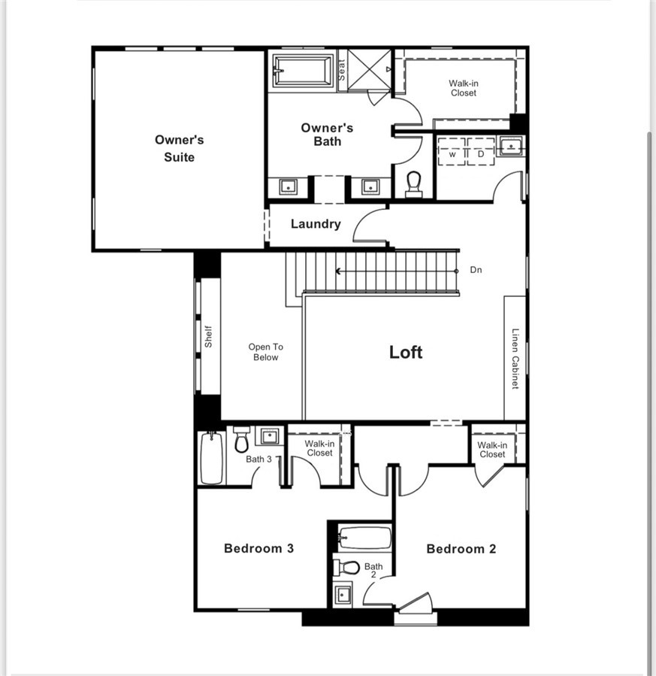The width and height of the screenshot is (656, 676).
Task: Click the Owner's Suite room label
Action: [x=179, y=148]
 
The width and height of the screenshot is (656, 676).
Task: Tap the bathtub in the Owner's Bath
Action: [x=303, y=71]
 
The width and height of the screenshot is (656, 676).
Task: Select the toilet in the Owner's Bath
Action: [x=413, y=183]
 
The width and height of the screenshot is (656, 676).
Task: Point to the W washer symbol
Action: [x=453, y=153]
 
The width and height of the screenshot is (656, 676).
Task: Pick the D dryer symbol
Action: [x=481, y=153]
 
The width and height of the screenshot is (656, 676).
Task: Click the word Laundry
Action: [x=316, y=224]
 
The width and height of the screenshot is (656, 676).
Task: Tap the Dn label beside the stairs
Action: [x=476, y=270]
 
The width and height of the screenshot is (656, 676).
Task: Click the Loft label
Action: [x=406, y=352]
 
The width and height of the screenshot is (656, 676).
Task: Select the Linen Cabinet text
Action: [x=515, y=358]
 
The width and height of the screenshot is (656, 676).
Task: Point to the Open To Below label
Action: [x=265, y=352]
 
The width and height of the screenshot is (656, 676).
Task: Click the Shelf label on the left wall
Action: [x=209, y=336]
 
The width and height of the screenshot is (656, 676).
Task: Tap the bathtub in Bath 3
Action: [x=212, y=458]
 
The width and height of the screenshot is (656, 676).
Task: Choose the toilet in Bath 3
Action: [x=241, y=438]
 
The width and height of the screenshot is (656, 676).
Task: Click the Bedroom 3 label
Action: [x=258, y=548]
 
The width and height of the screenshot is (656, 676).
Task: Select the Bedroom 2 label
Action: [x=461, y=549]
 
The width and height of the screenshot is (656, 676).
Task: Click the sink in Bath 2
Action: [x=343, y=594]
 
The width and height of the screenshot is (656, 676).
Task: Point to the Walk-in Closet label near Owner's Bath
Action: [x=463, y=88]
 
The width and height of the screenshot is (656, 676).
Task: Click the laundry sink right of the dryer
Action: [x=510, y=146]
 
